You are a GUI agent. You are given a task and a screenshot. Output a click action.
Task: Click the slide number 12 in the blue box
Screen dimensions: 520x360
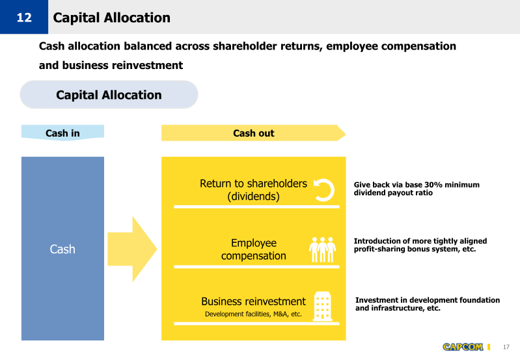(x=24, y=18)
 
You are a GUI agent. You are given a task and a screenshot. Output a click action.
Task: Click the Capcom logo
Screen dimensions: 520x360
(x=463, y=347)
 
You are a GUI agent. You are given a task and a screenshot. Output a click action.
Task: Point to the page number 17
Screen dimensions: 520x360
(x=506, y=347)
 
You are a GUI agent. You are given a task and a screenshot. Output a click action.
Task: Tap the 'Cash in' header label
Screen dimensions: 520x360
(x=62, y=133)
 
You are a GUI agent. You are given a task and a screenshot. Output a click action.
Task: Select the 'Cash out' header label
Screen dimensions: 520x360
(x=254, y=133)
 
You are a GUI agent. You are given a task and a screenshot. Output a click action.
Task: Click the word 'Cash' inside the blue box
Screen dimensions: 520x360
(x=62, y=249)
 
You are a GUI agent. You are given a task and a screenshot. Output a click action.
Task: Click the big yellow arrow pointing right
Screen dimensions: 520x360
(x=132, y=249)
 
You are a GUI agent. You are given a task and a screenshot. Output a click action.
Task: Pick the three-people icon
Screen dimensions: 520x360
(x=322, y=249)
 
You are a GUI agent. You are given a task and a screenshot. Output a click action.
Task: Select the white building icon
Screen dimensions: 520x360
(x=323, y=307)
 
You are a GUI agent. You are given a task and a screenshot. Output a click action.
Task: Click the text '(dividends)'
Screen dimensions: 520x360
(x=253, y=197)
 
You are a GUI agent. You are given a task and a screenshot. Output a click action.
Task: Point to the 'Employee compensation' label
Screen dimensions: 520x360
(x=254, y=249)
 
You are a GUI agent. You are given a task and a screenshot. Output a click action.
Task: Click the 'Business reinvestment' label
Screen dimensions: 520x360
(x=253, y=301)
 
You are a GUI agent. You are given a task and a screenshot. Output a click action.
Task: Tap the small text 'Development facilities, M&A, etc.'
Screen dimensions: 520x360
(x=253, y=314)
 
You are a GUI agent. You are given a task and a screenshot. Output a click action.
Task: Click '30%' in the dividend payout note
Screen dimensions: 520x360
(x=433, y=185)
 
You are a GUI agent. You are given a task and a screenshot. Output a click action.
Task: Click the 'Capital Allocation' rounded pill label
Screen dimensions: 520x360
(x=109, y=94)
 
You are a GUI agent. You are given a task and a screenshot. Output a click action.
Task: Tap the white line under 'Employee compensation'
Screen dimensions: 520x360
(x=256, y=267)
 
